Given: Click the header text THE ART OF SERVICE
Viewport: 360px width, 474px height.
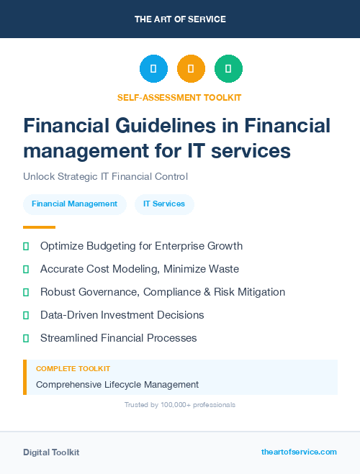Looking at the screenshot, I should point(180,19).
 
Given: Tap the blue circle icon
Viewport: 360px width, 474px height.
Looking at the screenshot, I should point(153,69).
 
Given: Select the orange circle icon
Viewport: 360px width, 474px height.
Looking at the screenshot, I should point(191,69).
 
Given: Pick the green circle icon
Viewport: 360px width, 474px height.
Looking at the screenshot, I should point(228,69).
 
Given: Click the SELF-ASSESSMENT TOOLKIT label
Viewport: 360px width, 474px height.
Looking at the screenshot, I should point(180,97).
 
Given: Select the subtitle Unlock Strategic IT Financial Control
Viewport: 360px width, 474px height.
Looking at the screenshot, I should point(105,176).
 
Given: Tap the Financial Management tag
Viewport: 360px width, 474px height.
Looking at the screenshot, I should point(74,204).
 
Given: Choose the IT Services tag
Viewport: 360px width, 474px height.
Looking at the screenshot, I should point(164,204).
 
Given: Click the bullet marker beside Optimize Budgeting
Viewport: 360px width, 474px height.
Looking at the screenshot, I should point(26,247).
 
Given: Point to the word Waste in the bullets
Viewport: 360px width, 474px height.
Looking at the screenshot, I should point(224,269).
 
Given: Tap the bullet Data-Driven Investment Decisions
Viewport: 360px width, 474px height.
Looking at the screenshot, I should point(122,315).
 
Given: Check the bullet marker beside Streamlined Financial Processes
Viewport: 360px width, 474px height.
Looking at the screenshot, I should point(26,338).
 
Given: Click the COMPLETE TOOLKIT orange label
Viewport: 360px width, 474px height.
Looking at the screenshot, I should point(73,369).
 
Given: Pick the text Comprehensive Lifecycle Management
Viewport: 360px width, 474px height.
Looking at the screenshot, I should point(117,385).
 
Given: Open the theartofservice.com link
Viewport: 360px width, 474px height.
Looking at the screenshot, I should point(299,452).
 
